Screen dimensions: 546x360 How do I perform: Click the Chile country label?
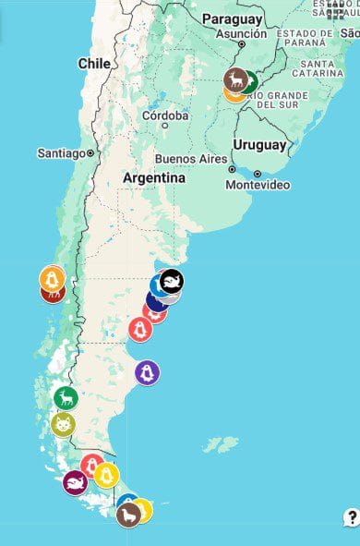point(94,63)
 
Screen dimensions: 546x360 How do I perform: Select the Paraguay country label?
point(234,19)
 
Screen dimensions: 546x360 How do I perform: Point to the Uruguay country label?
point(259,145)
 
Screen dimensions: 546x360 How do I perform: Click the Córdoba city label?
point(166,115)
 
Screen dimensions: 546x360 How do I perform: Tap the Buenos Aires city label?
point(190,158)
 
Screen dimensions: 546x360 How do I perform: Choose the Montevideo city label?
point(259,185)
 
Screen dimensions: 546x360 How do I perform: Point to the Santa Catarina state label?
point(316,67)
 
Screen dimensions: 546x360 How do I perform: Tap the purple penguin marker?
point(147,372)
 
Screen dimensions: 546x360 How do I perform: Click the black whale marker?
point(171,281)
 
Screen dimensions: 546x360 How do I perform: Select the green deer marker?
point(66,398)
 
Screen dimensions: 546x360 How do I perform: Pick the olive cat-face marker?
point(62,425)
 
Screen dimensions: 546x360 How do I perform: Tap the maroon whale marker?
point(75,481)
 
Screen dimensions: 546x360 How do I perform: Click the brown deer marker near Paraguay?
point(236,79)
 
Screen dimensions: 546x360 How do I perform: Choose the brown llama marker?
point(128,514)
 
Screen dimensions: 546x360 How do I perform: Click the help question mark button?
point(352,516)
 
